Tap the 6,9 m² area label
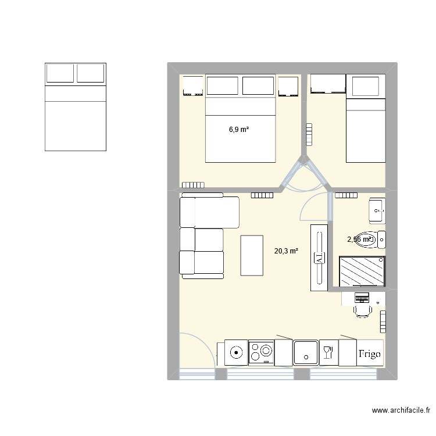point(239,130)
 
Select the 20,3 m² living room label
point(286,251)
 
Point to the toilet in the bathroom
point(380,239)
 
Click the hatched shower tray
point(361,271)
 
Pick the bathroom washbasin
point(377,210)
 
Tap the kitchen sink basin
point(306,352)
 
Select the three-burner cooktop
point(261,352)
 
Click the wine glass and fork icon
point(327,352)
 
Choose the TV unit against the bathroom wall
point(319,258)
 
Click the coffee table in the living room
point(252,255)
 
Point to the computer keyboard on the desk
point(362,298)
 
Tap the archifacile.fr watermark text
point(402,411)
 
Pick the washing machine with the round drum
point(236,352)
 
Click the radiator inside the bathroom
point(344,196)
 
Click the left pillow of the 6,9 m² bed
point(222,86)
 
